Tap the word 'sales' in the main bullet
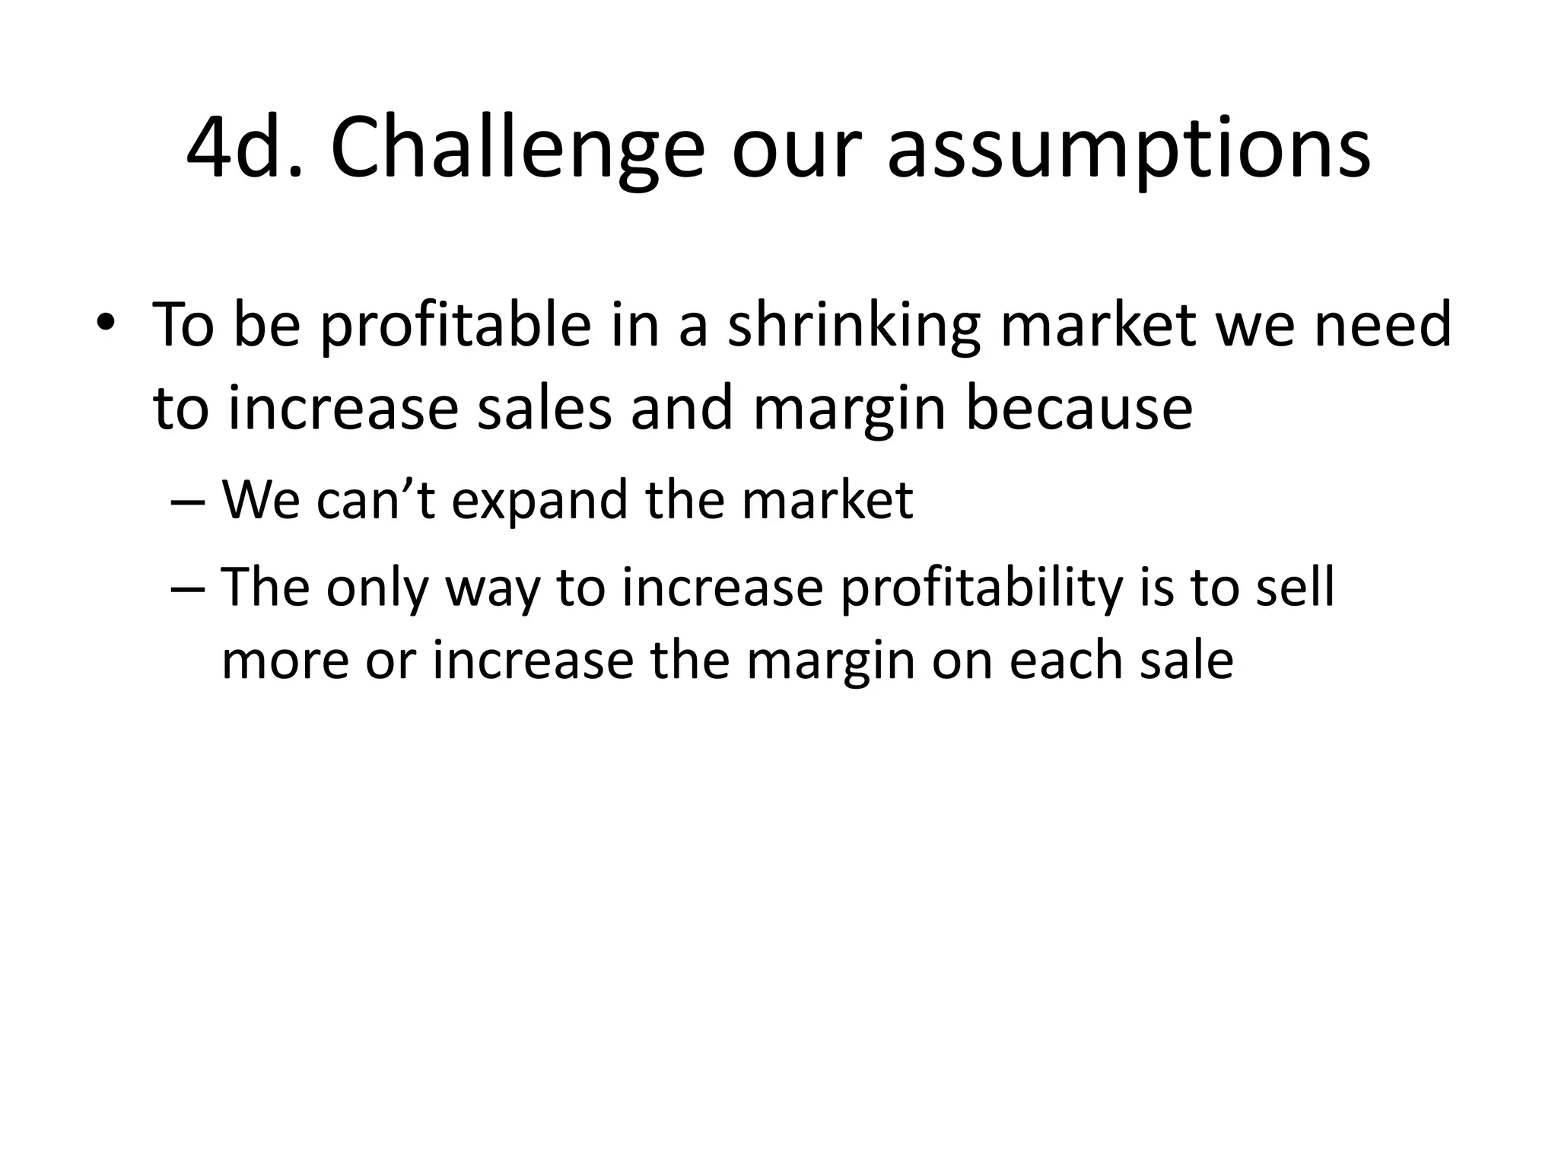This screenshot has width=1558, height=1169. coord(544,409)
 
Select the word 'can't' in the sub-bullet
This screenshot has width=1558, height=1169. coord(376,501)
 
